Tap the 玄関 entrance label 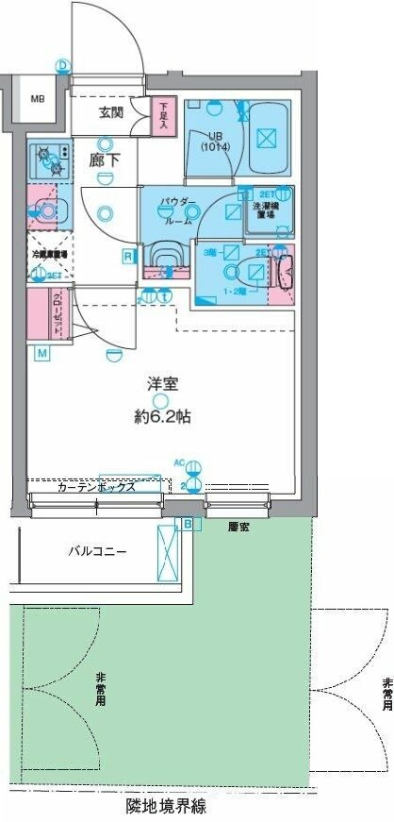[x=111, y=113]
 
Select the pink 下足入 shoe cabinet [x=163, y=117]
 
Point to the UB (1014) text [x=214, y=141]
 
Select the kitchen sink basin [x=45, y=212]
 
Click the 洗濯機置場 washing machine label [x=263, y=209]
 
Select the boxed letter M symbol [x=42, y=353]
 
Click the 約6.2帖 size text [x=162, y=415]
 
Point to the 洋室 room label [x=162, y=385]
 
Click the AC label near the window [x=179, y=463]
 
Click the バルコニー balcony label [x=97, y=550]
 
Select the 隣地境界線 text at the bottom [x=166, y=808]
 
